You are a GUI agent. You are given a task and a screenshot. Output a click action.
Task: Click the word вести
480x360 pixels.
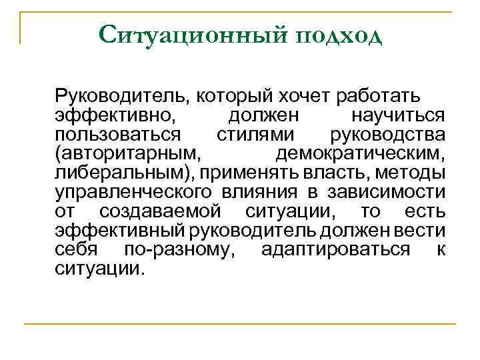[425, 232]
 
